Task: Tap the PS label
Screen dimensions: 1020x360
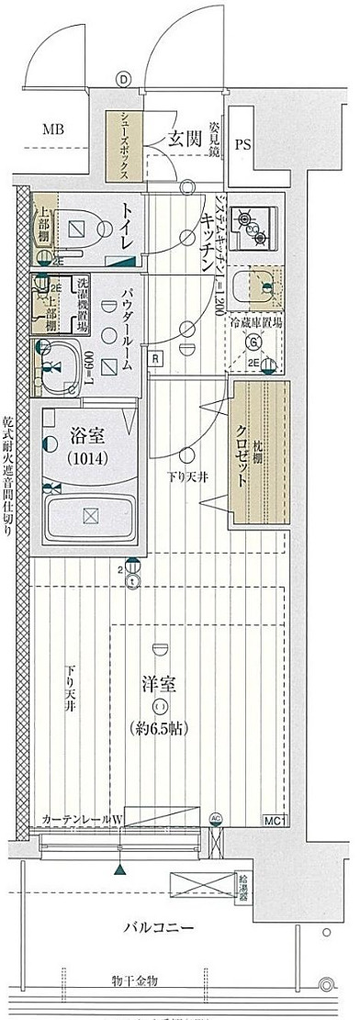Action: click(243, 144)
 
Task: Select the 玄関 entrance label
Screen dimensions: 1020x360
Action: click(183, 139)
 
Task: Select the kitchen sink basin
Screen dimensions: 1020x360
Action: click(253, 286)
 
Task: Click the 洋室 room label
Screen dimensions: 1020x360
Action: click(160, 684)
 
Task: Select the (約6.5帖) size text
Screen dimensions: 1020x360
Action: click(161, 728)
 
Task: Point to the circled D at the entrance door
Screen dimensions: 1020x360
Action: click(122, 79)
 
